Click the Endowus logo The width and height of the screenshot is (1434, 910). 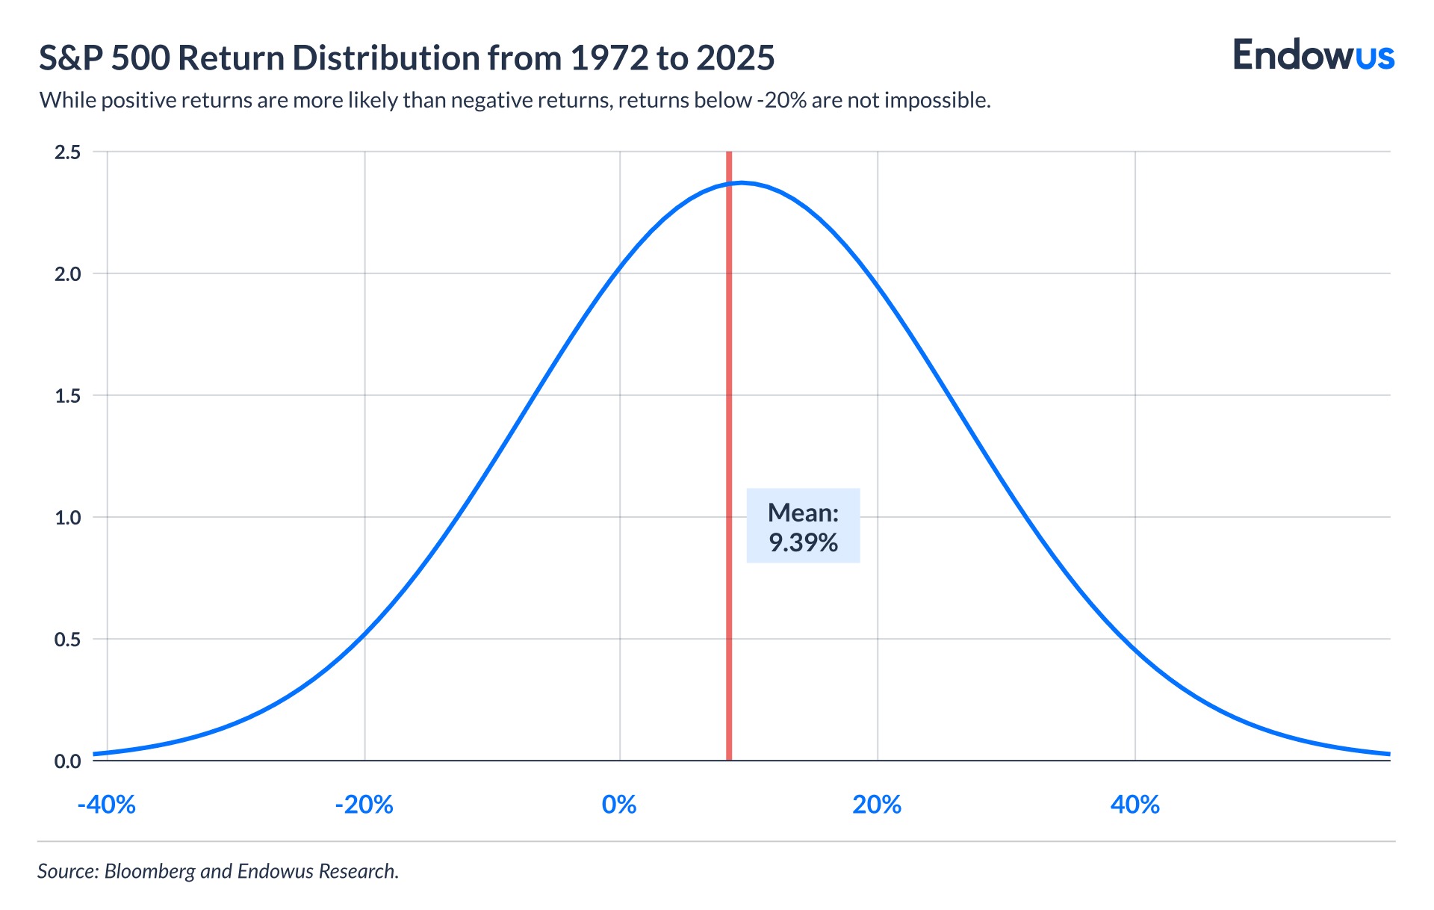[1313, 56]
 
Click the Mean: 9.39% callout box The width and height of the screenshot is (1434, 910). [803, 526]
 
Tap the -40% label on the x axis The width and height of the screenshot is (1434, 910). [107, 805]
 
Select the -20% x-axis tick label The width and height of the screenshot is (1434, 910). [364, 805]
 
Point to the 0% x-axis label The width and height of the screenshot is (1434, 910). [619, 805]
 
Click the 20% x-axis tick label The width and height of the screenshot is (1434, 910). [877, 805]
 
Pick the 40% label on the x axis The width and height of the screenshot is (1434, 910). [1135, 805]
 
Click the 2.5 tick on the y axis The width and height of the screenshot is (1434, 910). [67, 152]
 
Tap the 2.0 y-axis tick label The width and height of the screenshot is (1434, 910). [67, 274]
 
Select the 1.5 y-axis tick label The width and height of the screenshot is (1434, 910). [67, 396]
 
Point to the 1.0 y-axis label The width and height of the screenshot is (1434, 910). [67, 518]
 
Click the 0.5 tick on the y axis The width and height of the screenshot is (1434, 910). [67, 640]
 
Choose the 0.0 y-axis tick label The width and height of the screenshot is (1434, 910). [67, 761]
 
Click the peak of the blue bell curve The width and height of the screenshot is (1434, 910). [741, 182]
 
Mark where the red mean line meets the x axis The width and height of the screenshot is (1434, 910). [728, 760]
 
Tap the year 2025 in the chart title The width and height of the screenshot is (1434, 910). [736, 58]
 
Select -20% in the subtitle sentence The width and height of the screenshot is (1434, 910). [781, 100]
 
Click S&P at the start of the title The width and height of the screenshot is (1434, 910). [72, 58]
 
